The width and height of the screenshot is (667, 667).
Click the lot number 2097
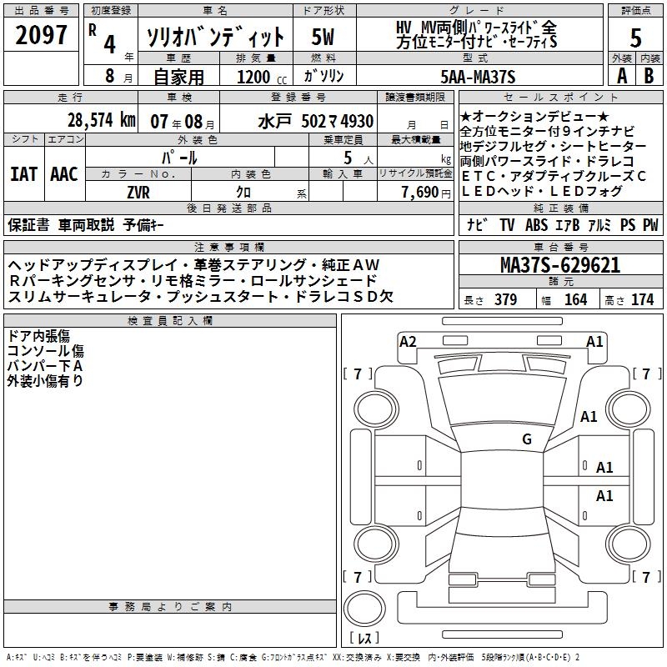42,37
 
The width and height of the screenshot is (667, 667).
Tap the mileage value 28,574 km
101,119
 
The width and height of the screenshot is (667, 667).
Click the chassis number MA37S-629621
561,265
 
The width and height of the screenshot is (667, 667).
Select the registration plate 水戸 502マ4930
315,121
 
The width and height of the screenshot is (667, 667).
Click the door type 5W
323,37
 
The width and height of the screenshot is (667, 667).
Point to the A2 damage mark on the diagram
408,341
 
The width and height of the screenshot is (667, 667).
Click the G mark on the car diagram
526,439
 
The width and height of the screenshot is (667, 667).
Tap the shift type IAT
23,174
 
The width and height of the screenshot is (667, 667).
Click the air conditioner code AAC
63,174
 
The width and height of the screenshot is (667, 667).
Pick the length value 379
505,300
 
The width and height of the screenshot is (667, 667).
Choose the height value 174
642,300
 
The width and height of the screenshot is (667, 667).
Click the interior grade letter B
649,76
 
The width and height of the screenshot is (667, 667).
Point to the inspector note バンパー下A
45,366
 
